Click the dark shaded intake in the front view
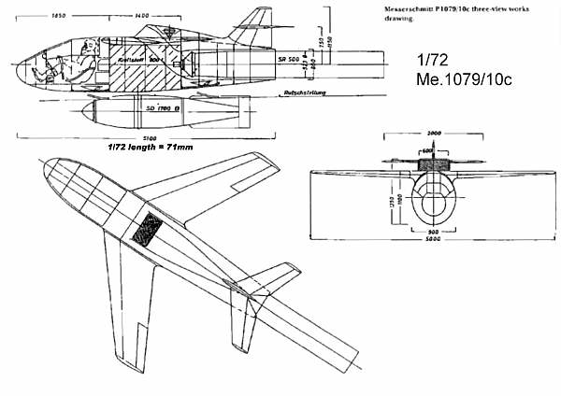pos(434,165)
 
